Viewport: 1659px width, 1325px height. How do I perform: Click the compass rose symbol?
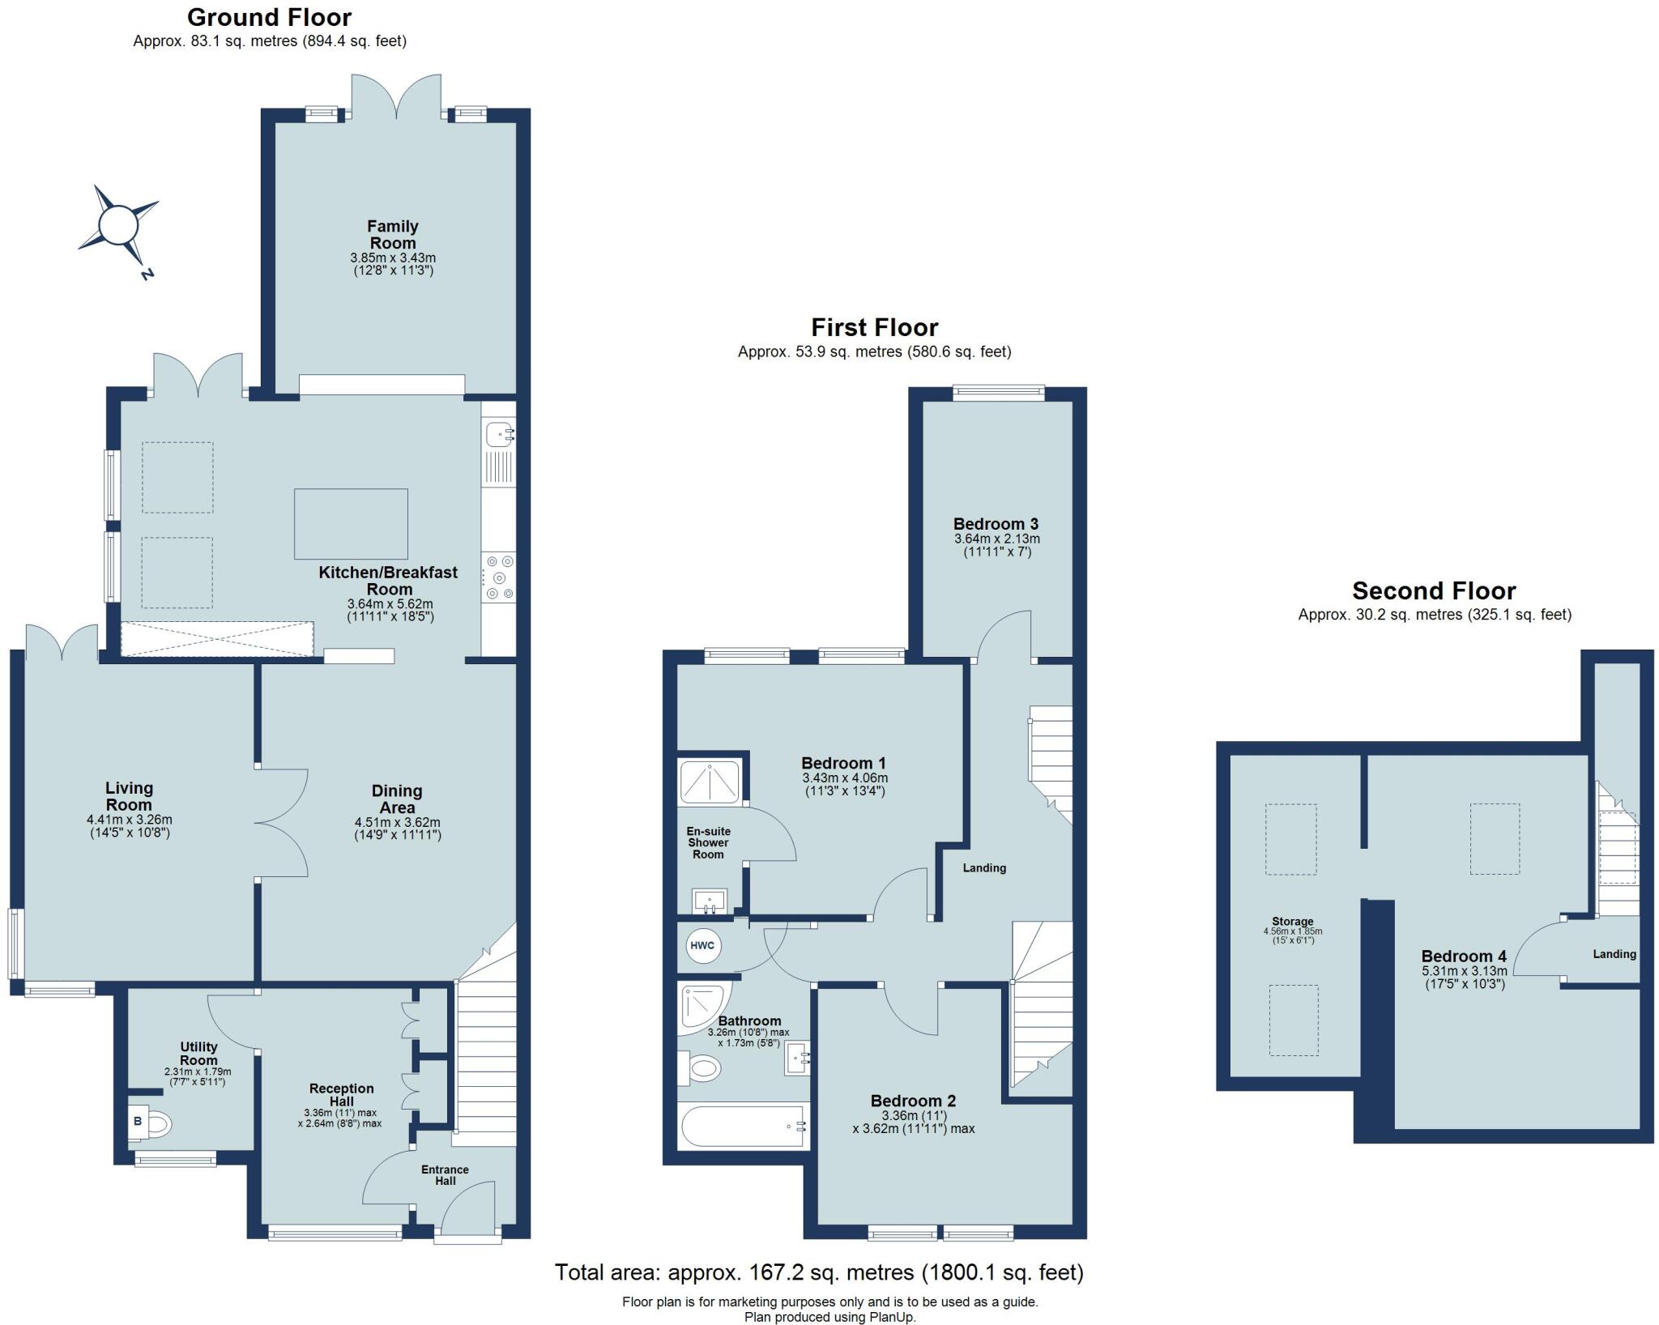117,225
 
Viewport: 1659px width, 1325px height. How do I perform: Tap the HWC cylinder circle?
702,945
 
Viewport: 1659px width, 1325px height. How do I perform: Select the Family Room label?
393,235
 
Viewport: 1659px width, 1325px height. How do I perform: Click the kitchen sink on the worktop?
498,436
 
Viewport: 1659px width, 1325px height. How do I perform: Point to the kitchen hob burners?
498,577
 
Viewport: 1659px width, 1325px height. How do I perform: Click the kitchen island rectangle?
351,524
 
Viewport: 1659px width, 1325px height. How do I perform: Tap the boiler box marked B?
138,1123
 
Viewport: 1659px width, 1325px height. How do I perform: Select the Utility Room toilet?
160,1124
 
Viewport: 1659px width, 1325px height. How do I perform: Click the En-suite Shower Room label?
708,843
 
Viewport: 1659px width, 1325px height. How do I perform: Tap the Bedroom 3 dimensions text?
996,545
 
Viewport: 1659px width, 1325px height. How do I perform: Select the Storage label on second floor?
1292,922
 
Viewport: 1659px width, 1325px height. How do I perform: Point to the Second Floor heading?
1434,590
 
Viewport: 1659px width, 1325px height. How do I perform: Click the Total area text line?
818,1272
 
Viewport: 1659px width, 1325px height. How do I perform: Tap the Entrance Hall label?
445,1175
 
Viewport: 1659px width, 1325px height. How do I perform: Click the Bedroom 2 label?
913,1101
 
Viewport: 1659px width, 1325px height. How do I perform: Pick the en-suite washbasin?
710,901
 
